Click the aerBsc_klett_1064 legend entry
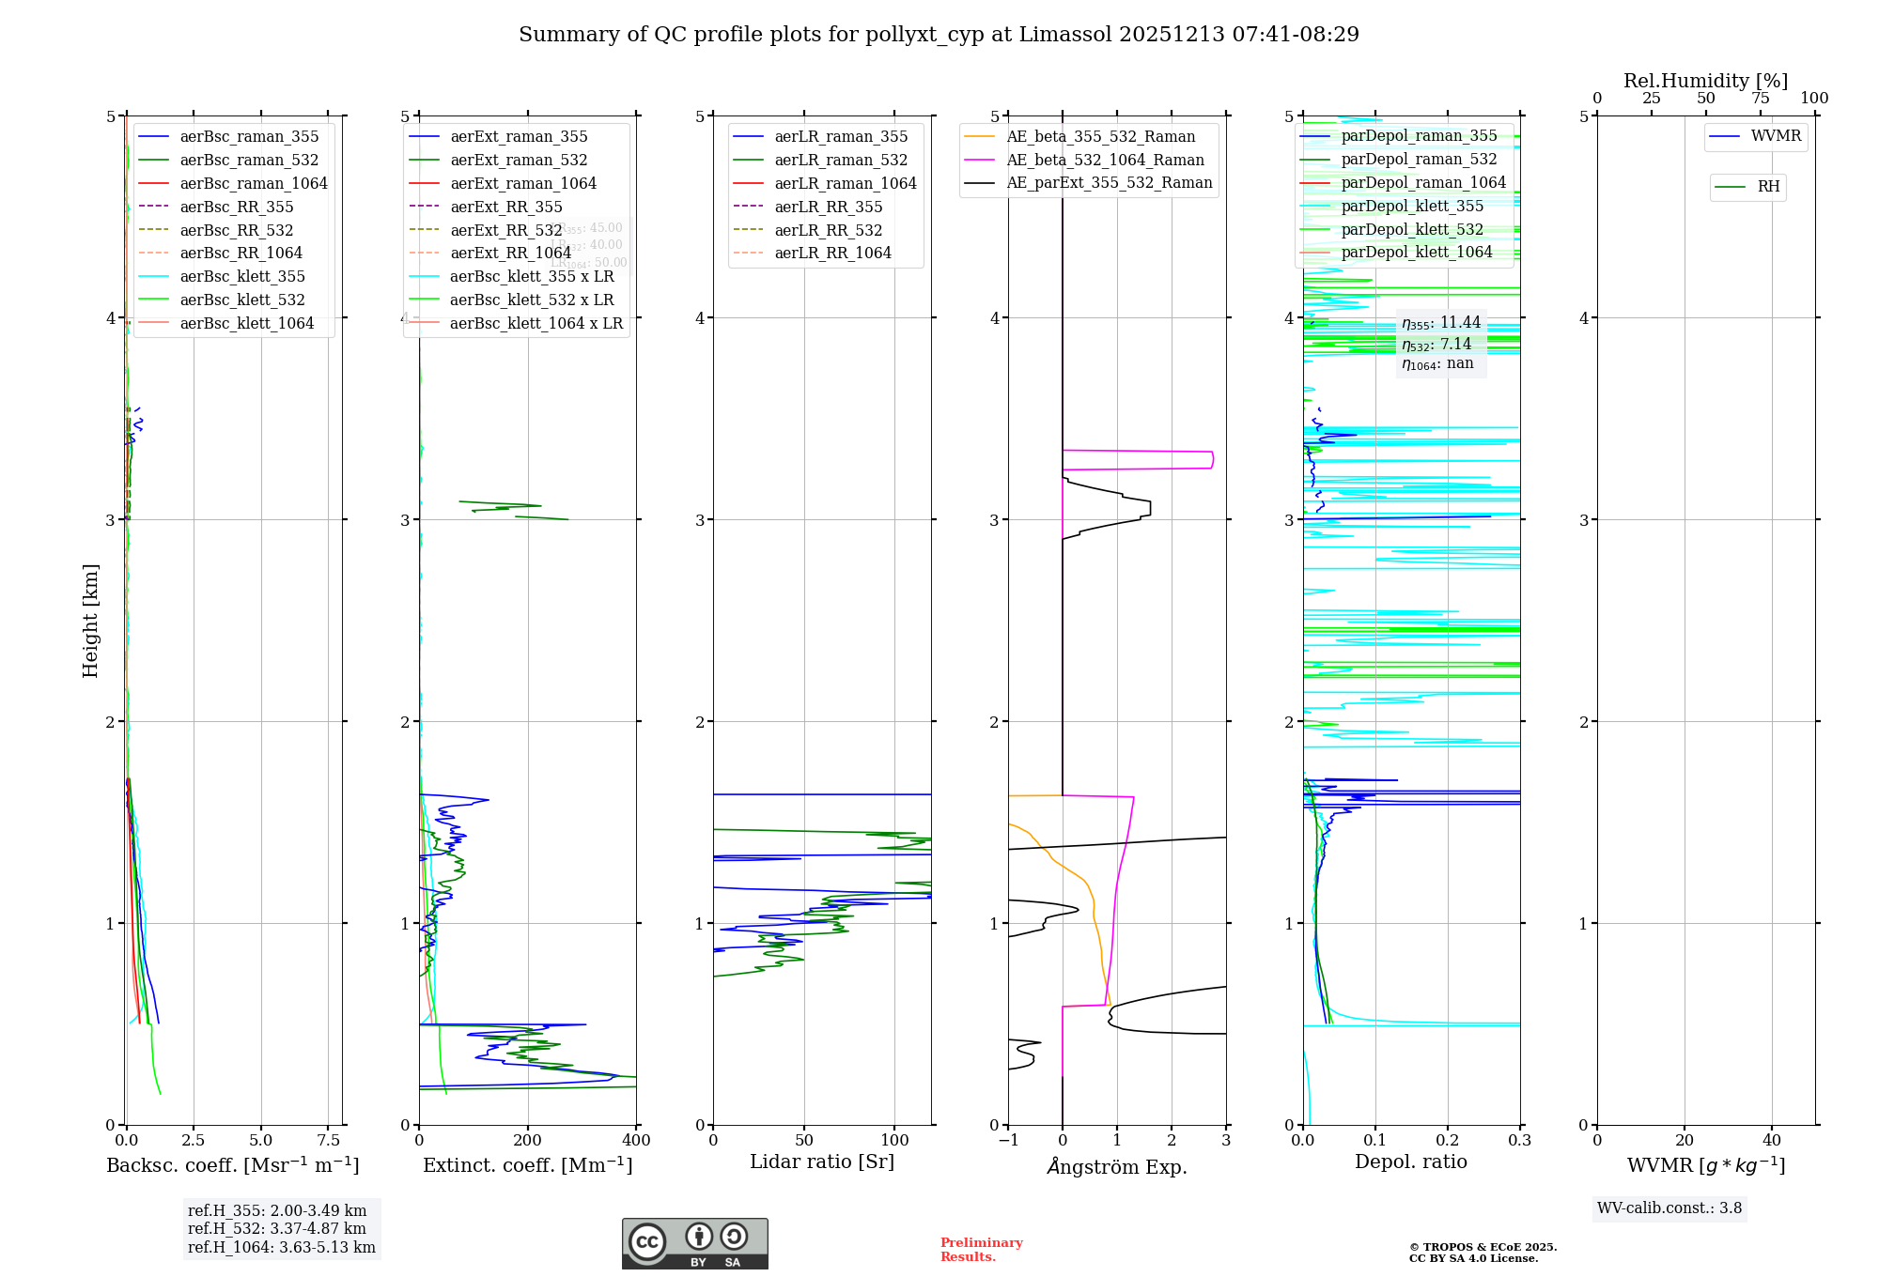(x=246, y=324)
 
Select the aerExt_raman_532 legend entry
(x=519, y=161)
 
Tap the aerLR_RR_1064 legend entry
(x=832, y=254)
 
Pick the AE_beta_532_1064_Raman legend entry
(x=1105, y=161)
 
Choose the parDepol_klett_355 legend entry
(x=1412, y=207)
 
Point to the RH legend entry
(x=1768, y=187)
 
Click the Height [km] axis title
(x=90, y=621)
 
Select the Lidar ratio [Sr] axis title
(x=822, y=1162)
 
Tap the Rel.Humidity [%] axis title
(x=1705, y=82)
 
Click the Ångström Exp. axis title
(x=1117, y=1167)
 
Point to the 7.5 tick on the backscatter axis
(x=328, y=1141)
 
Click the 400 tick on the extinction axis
(x=636, y=1141)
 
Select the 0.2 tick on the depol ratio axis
(x=1448, y=1141)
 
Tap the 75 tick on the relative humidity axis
(x=1760, y=99)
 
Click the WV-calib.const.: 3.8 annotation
(x=1669, y=1208)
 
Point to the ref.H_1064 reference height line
(x=281, y=1248)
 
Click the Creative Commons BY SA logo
(x=694, y=1243)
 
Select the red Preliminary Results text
(x=981, y=1250)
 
